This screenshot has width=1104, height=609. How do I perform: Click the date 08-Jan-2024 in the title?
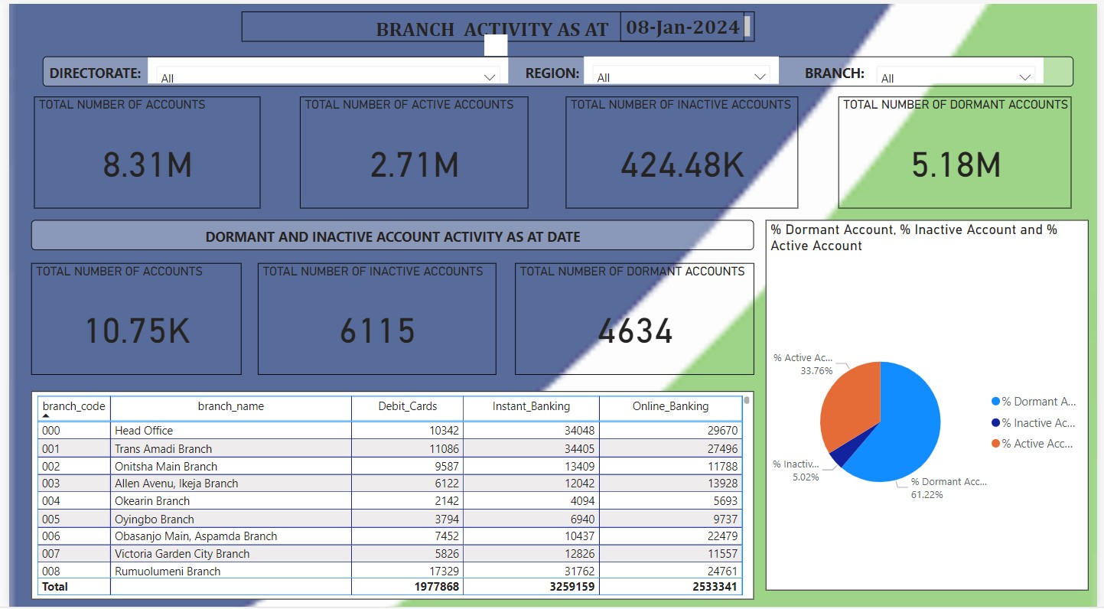pyautogui.click(x=682, y=28)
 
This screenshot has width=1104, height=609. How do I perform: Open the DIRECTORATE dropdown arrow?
pyautogui.click(x=490, y=77)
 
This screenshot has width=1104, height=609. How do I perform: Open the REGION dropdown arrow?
pyautogui.click(x=760, y=77)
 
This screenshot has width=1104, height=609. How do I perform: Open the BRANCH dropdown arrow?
pyautogui.click(x=1024, y=77)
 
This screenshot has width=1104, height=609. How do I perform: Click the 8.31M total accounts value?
pyautogui.click(x=147, y=165)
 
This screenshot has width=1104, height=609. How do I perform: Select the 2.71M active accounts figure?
pyautogui.click(x=414, y=165)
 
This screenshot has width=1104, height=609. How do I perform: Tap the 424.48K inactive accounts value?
pyautogui.click(x=681, y=165)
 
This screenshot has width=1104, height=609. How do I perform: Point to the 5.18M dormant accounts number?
pyautogui.click(x=956, y=165)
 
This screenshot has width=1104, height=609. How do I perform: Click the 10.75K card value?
pyautogui.click(x=137, y=331)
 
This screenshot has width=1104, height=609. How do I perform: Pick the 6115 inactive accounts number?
pyautogui.click(x=377, y=331)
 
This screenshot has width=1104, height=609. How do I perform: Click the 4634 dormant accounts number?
pyautogui.click(x=635, y=331)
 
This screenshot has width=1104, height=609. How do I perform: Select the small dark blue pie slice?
pyautogui.click(x=838, y=458)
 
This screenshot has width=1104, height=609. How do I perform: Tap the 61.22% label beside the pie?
pyautogui.click(x=927, y=495)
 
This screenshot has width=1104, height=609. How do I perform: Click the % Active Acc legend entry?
pyautogui.click(x=1037, y=444)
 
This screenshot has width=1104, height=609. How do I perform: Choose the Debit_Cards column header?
pyautogui.click(x=407, y=406)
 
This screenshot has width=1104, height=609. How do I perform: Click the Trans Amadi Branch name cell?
pyautogui.click(x=163, y=449)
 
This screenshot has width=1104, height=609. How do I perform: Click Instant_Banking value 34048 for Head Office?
pyautogui.click(x=574, y=431)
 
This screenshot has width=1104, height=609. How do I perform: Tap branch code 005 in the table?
pyautogui.click(x=50, y=519)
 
